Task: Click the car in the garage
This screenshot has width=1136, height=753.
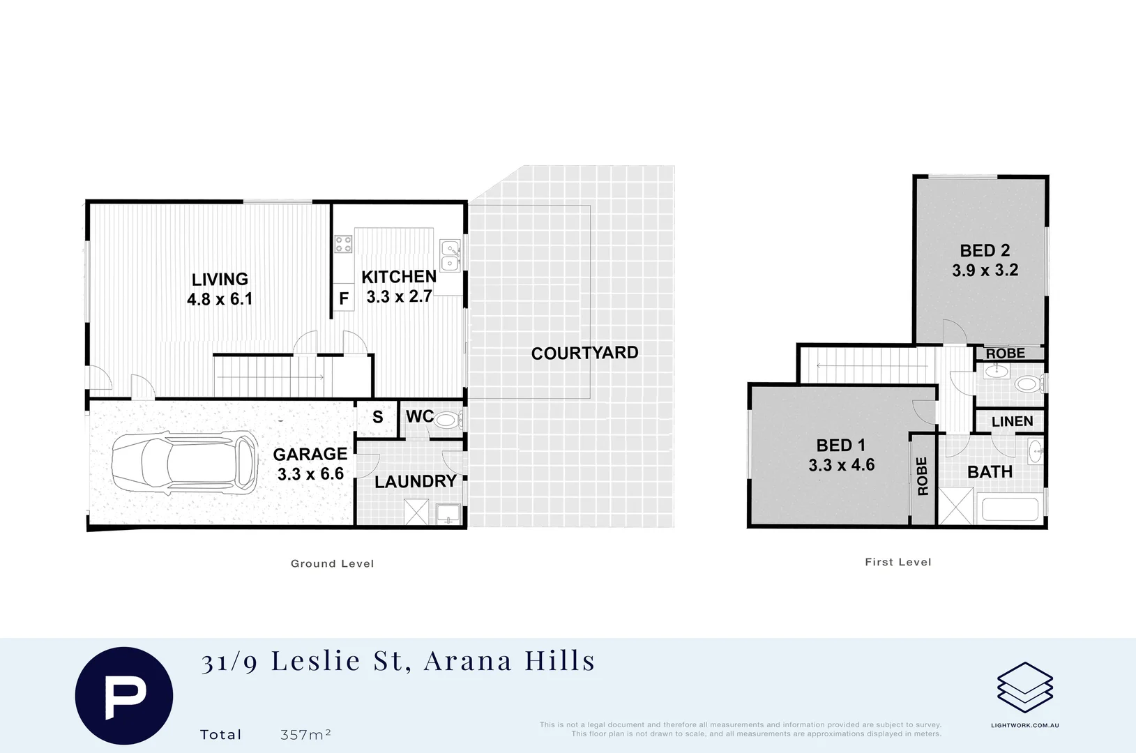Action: [x=184, y=462]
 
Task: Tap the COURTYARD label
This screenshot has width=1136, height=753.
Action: [x=584, y=353]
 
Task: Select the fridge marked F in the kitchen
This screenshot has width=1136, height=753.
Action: [x=343, y=298]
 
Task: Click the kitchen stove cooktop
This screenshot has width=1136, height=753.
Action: [x=343, y=244]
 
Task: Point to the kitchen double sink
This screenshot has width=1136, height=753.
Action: [x=450, y=255]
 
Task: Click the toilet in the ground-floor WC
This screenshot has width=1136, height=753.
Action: [x=447, y=420]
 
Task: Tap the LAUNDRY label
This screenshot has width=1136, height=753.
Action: [x=415, y=482]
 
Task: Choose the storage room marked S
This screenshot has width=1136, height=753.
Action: [x=377, y=418]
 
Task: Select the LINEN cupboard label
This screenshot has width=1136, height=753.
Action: [x=1012, y=421]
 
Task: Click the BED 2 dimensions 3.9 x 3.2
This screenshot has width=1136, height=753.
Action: [x=985, y=271]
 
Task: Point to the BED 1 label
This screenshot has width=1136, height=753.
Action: [x=841, y=445]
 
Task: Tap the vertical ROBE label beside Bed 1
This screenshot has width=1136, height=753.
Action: [x=923, y=476]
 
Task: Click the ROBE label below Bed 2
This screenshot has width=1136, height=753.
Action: [x=1005, y=353]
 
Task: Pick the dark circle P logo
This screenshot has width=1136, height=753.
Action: [x=124, y=695]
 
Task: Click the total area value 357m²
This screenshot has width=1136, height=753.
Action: [x=305, y=735]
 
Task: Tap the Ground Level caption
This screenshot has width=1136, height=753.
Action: [x=332, y=563]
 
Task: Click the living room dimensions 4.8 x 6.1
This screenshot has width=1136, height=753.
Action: [x=220, y=299]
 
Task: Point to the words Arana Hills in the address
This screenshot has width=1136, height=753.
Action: [x=510, y=660]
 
